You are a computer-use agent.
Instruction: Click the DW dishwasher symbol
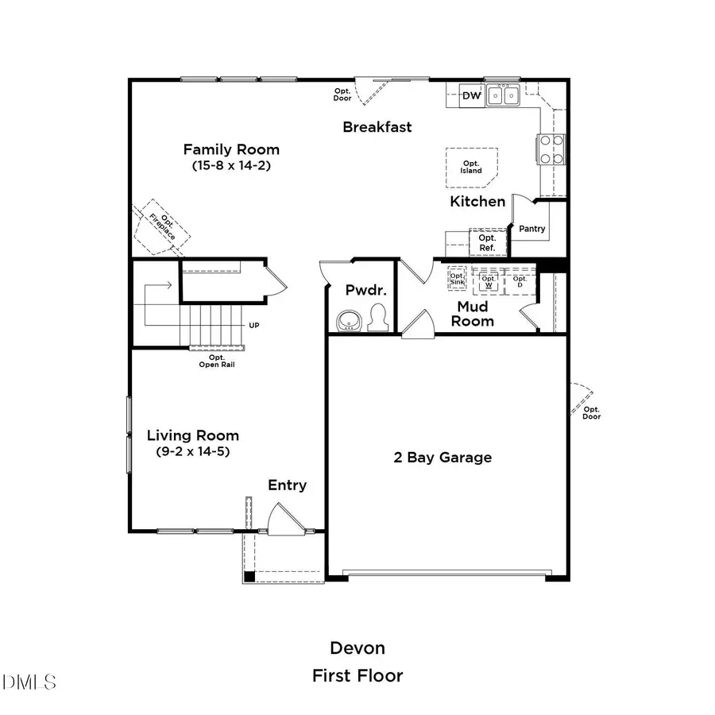pos(472,96)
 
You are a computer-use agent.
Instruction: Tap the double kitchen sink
pos(503,96)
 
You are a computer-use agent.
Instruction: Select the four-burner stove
pos(553,149)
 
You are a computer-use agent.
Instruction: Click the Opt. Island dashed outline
pos(472,166)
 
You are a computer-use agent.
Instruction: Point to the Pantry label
pos(532,229)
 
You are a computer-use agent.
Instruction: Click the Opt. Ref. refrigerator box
pos(487,243)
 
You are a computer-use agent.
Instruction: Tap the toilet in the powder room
pos(379,317)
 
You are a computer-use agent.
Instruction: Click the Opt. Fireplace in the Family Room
pos(164,228)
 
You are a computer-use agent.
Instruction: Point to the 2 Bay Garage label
pos(443,458)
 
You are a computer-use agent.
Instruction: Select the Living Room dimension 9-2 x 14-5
pos(193,452)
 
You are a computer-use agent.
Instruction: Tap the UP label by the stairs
pos(254,326)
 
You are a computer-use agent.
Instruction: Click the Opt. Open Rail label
pos(216,361)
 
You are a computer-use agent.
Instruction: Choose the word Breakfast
pos(377,127)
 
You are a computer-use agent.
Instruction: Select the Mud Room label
pos(475,314)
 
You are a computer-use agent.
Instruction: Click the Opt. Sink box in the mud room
pos(457,277)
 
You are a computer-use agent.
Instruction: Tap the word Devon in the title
pos(357,648)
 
